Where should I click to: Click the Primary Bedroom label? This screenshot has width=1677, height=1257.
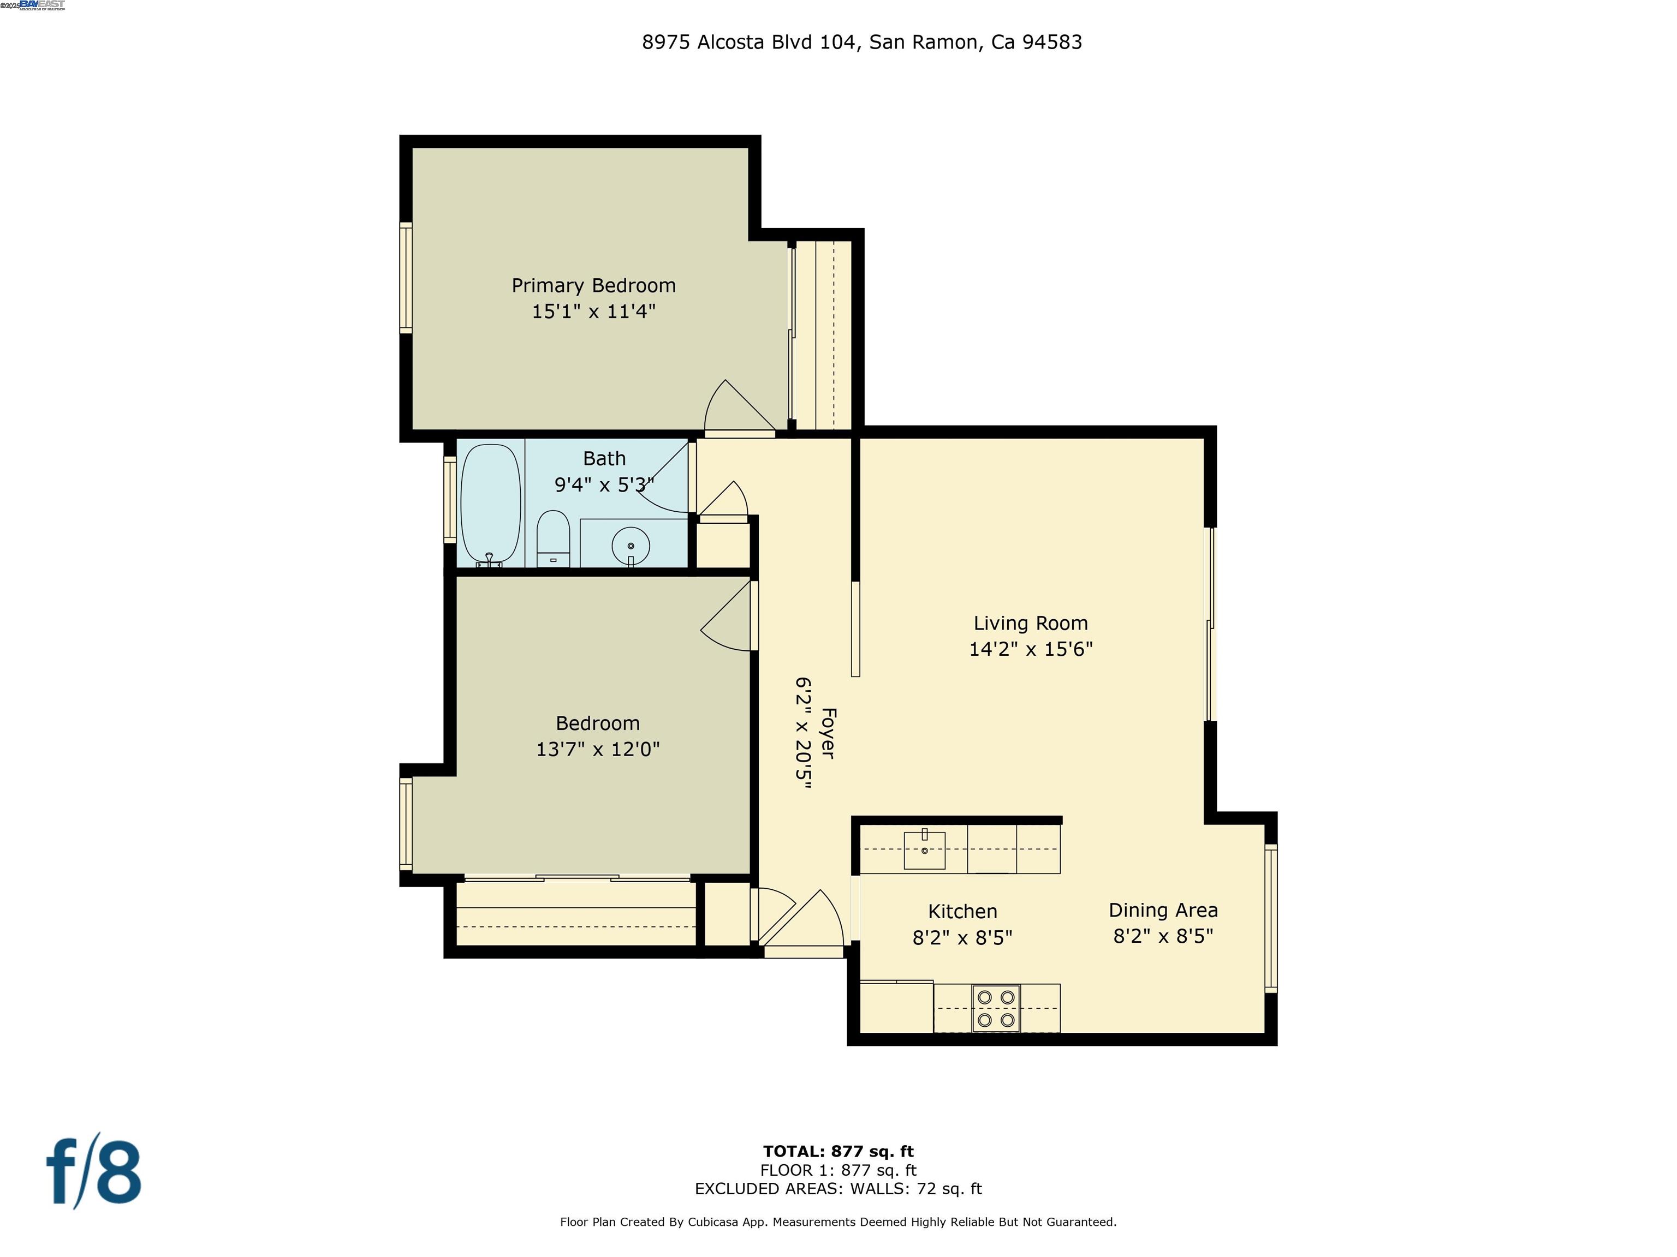click(593, 286)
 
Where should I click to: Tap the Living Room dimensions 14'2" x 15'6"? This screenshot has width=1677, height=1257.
click(1030, 649)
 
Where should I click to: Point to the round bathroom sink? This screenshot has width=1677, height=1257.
click(630, 545)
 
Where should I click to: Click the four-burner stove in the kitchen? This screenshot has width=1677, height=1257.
click(995, 1008)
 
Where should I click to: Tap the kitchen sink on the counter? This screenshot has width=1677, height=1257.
click(924, 850)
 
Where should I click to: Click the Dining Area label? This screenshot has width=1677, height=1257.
click(1163, 910)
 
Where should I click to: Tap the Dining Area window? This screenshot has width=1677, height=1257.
click(1271, 918)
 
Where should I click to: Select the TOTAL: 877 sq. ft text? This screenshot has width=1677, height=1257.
click(838, 1152)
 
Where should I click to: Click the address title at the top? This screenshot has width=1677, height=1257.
click(861, 43)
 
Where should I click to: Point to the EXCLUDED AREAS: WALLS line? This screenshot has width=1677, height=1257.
click(838, 1189)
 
